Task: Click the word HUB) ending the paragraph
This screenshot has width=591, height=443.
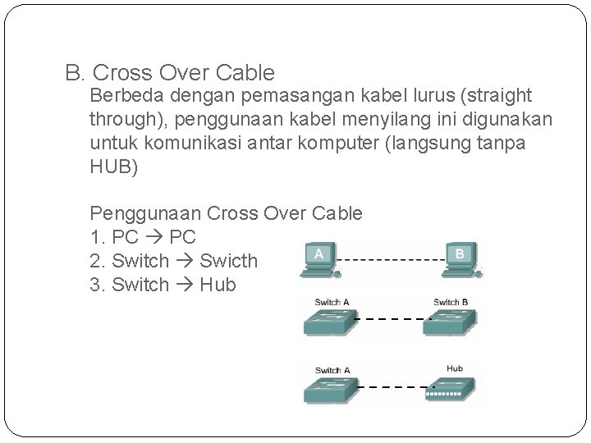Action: [x=114, y=168]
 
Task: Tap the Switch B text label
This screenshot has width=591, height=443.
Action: [x=451, y=302]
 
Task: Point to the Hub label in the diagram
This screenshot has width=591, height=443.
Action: [x=455, y=369]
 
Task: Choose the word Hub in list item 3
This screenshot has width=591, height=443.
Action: [x=218, y=285]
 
